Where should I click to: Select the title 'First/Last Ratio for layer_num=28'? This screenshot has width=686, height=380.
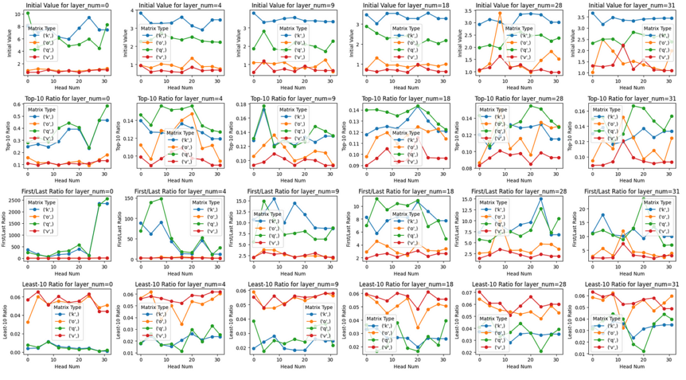[x=513, y=193]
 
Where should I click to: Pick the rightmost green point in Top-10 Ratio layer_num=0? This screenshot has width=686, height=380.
[x=107, y=105]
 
